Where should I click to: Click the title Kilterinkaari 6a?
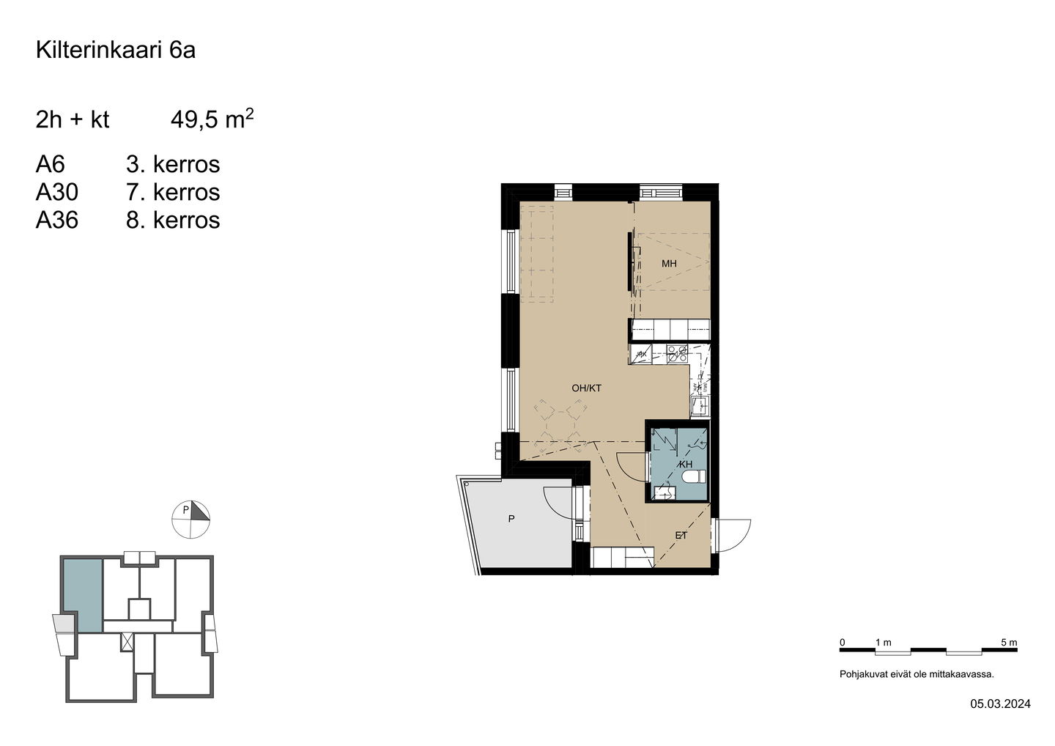pos(116,50)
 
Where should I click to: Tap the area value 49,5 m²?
pos(212,119)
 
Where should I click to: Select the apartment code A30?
pos(57,192)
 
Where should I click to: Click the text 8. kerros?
pos(173,220)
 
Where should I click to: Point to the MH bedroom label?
pos(669,264)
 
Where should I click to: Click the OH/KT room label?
pos(586,388)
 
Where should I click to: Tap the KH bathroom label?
pos(686,465)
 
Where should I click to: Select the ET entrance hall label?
pos(681,536)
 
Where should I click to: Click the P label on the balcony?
pos(511,519)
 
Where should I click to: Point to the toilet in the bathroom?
pos(695,476)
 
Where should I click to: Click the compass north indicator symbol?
pos(190,520)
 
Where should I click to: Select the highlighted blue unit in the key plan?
pos(83,595)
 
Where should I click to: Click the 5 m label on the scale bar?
pos(1009,643)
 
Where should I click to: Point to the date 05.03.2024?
pos(1000,717)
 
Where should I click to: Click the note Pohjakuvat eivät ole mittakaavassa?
pos(917,674)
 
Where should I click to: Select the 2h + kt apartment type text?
pos(72,119)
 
